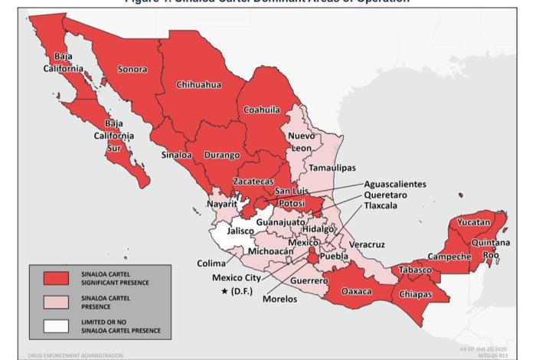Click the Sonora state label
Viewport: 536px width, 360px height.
(x=132, y=69)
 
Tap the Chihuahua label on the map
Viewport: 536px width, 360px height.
(x=198, y=84)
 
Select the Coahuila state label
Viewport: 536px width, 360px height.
(x=262, y=110)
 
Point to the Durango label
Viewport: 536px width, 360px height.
(x=222, y=155)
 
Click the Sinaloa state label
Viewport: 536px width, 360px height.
(x=177, y=155)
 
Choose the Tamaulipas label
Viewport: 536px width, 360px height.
(x=332, y=167)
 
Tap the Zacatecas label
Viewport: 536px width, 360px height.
(x=253, y=182)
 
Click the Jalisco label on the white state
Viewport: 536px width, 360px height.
(x=240, y=230)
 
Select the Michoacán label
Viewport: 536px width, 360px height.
(x=271, y=251)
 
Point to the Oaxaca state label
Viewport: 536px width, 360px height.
(x=356, y=292)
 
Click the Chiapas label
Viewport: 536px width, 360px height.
(x=415, y=295)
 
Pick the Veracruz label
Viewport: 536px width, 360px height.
(x=367, y=244)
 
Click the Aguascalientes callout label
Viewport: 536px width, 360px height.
(x=395, y=184)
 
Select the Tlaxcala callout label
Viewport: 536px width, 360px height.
(x=384, y=206)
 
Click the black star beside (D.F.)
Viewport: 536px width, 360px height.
(x=224, y=292)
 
